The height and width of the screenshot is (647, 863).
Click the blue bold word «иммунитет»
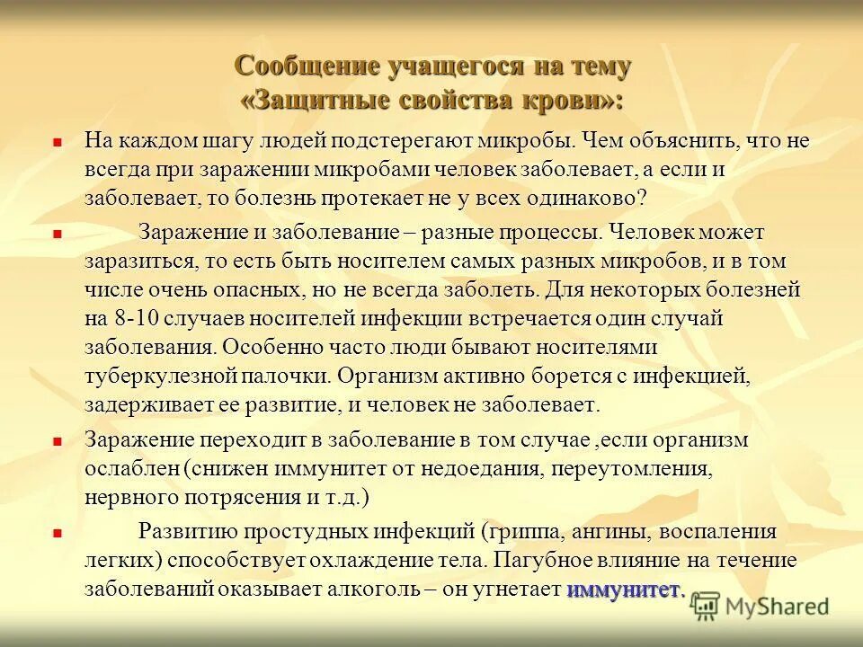point(624,590)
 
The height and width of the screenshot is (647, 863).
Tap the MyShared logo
point(761,605)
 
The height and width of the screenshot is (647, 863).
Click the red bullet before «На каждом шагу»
point(56,142)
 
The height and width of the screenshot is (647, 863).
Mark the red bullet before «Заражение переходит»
point(56,441)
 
